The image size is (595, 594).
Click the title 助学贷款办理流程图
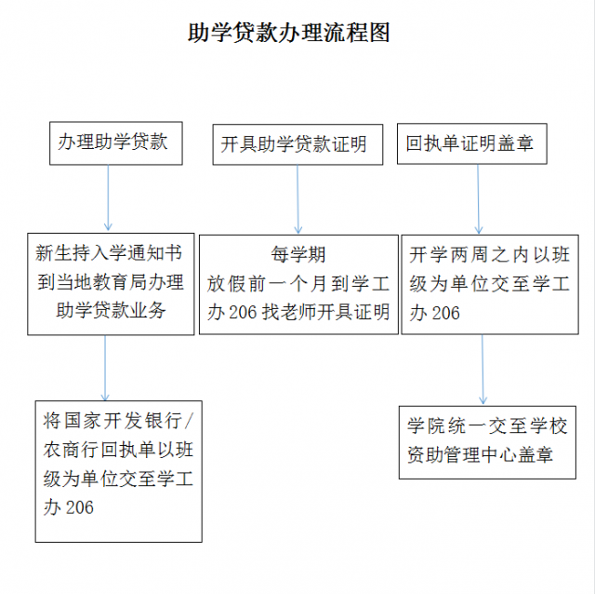click(x=289, y=33)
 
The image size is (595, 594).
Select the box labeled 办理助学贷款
click(x=116, y=143)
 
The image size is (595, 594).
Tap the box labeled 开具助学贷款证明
click(x=297, y=144)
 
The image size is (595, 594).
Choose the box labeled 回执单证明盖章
click(x=472, y=143)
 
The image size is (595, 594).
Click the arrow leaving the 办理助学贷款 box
click(x=108, y=197)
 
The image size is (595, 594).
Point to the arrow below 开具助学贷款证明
click(x=297, y=199)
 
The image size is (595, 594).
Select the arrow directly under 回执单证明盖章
click(x=478, y=198)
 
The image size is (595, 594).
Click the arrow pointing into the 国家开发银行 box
click(x=105, y=368)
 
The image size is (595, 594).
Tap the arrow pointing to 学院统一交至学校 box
click(x=483, y=370)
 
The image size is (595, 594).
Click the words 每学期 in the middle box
click(x=298, y=254)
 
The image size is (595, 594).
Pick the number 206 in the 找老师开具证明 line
click(x=243, y=313)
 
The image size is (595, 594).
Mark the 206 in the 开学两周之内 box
click(x=445, y=313)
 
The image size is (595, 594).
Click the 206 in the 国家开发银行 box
click(x=79, y=507)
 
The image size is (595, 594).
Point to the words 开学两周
click(x=448, y=254)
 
